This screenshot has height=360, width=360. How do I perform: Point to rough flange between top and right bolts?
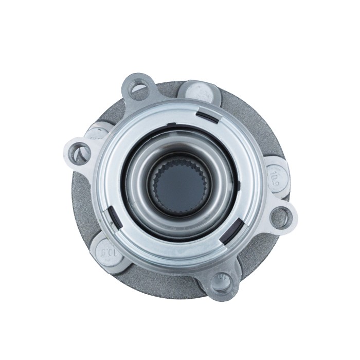click(x=247, y=111)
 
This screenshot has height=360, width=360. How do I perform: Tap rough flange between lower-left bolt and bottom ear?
click(x=154, y=278)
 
